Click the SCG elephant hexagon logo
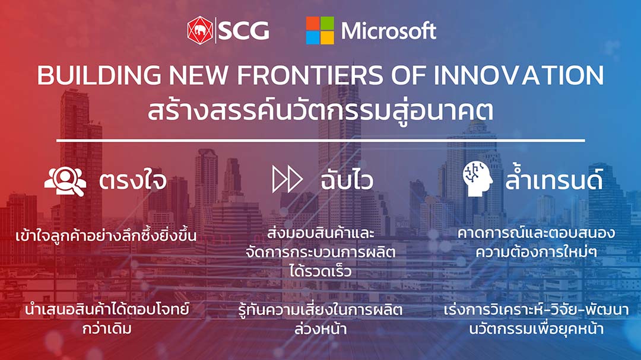coord(200,30)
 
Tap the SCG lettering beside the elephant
coord(244,31)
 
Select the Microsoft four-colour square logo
coord(320,31)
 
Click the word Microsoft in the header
coord(389,31)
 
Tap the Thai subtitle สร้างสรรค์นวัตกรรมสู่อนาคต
coord(320,111)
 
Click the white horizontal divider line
coord(320,141)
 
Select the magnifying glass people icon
coord(65,181)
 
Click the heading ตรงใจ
coord(133,181)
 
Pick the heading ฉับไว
coord(347,180)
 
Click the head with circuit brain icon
coord(477,179)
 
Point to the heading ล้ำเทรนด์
coord(554,179)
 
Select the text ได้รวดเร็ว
coord(320,270)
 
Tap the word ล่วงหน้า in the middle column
coord(320,328)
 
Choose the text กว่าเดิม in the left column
coord(107,328)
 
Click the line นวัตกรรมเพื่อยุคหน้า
coord(536,328)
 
